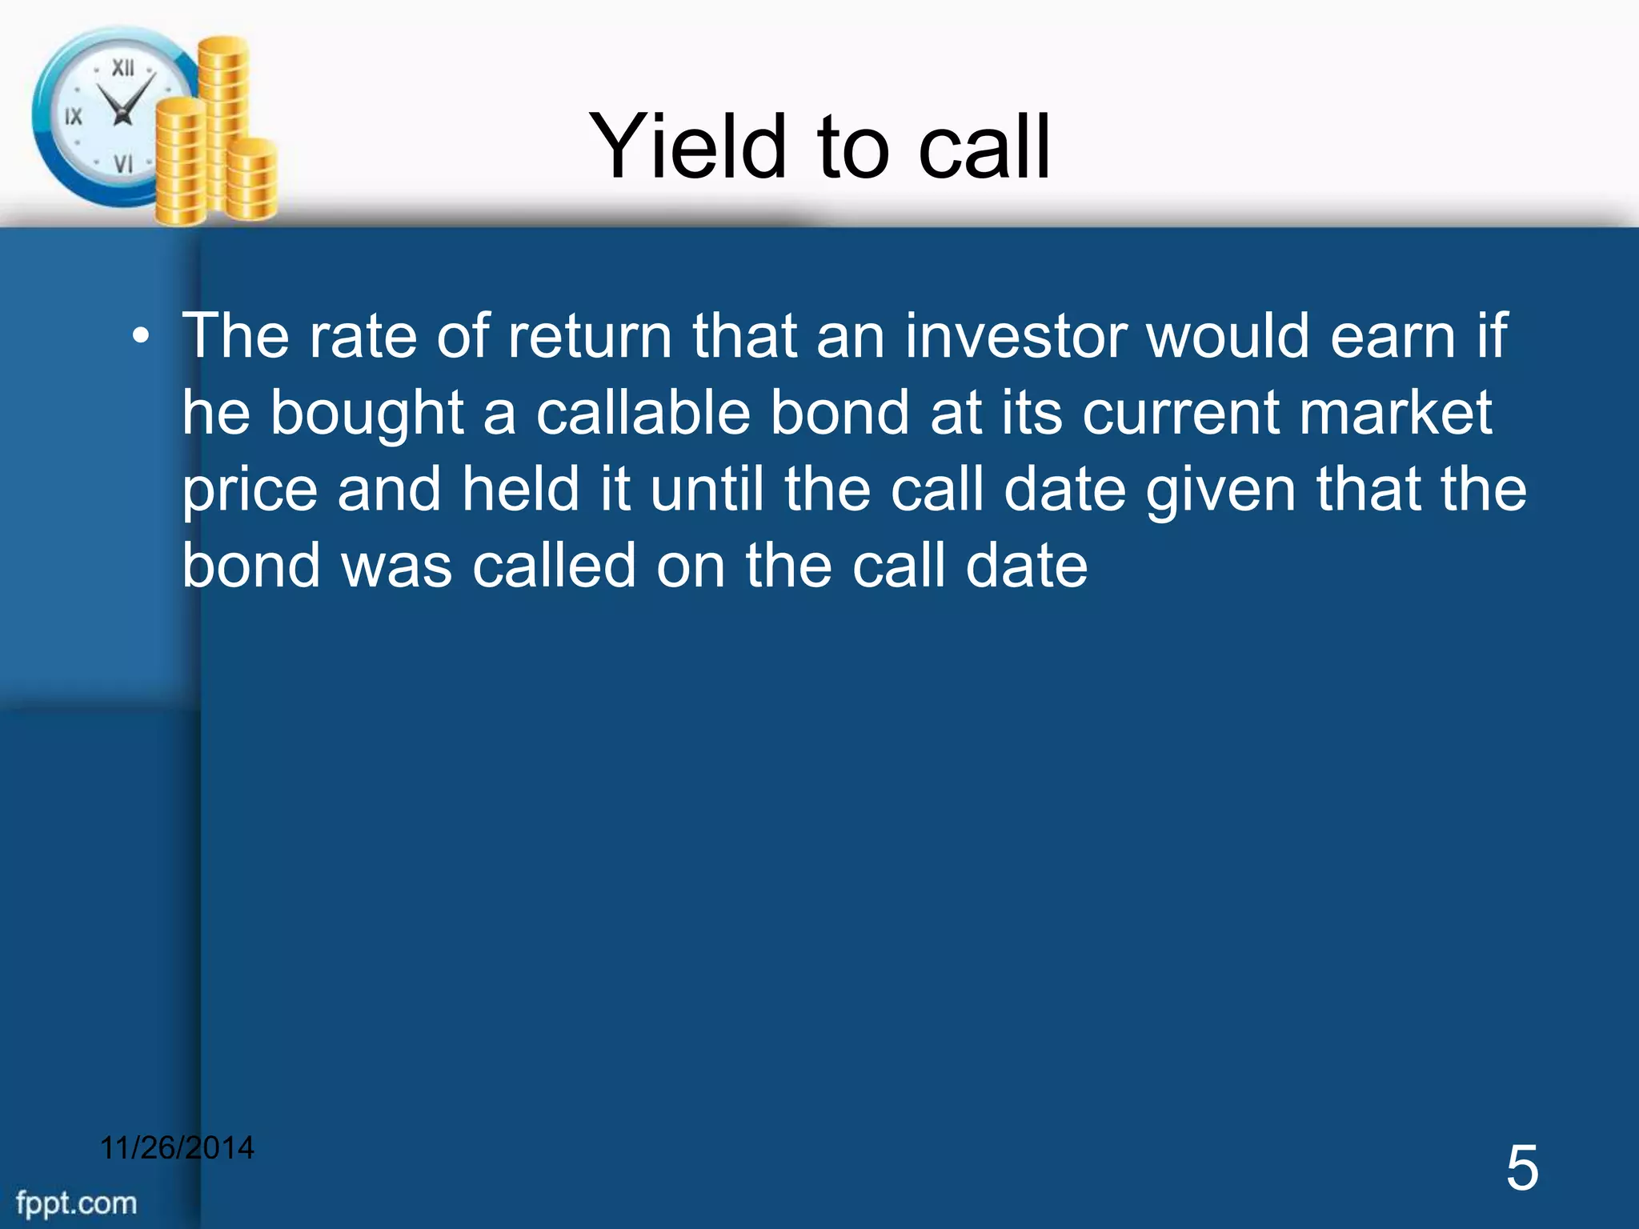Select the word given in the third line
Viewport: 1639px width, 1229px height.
1220,490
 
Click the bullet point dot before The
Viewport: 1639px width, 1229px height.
141,336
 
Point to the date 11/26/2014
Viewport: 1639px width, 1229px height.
177,1148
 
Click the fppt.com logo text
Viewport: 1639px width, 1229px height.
77,1203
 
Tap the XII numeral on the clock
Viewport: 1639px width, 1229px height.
122,68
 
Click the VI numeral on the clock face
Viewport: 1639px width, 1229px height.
122,164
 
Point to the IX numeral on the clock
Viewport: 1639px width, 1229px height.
73,117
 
